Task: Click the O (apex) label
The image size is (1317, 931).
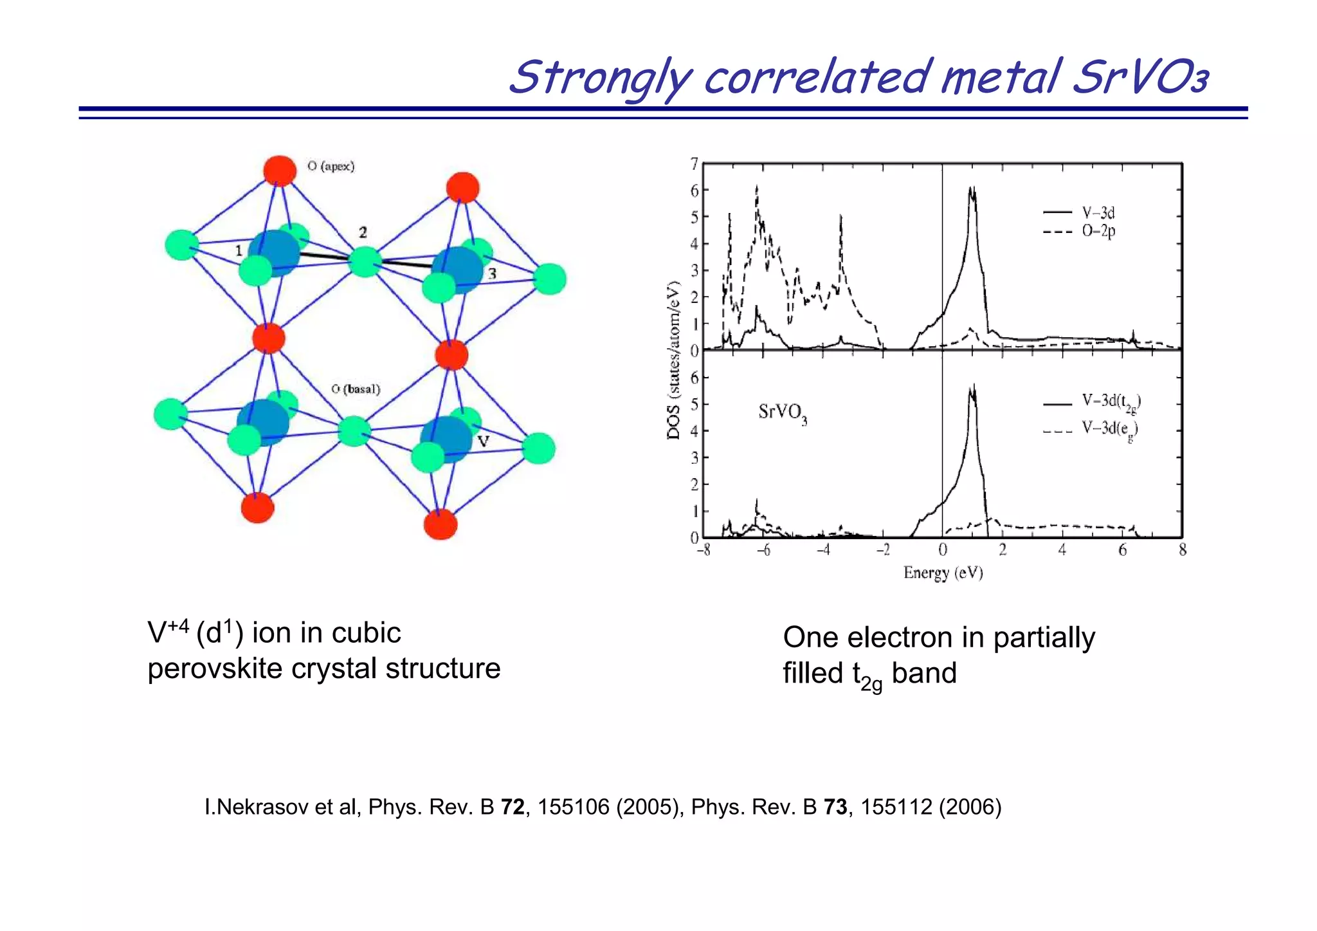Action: point(331,166)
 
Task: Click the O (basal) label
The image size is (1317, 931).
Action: point(356,389)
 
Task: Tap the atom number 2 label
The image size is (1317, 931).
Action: point(363,232)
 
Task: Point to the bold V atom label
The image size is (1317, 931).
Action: point(484,441)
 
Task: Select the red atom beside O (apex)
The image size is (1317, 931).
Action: point(280,171)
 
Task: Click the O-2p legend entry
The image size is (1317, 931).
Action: point(1098,232)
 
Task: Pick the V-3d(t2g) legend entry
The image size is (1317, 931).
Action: point(1111,402)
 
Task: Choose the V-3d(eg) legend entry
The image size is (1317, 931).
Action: point(1109,429)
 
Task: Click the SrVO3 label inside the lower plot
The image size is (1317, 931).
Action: point(782,412)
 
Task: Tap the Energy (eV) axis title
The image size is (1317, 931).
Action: point(943,573)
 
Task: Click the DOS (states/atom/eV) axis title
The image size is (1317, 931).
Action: point(673,360)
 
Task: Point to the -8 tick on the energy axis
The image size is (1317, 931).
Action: point(704,551)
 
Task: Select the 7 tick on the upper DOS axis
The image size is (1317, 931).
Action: point(694,165)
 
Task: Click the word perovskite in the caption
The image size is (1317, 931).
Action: point(215,668)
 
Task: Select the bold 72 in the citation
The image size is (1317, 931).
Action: point(513,807)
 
